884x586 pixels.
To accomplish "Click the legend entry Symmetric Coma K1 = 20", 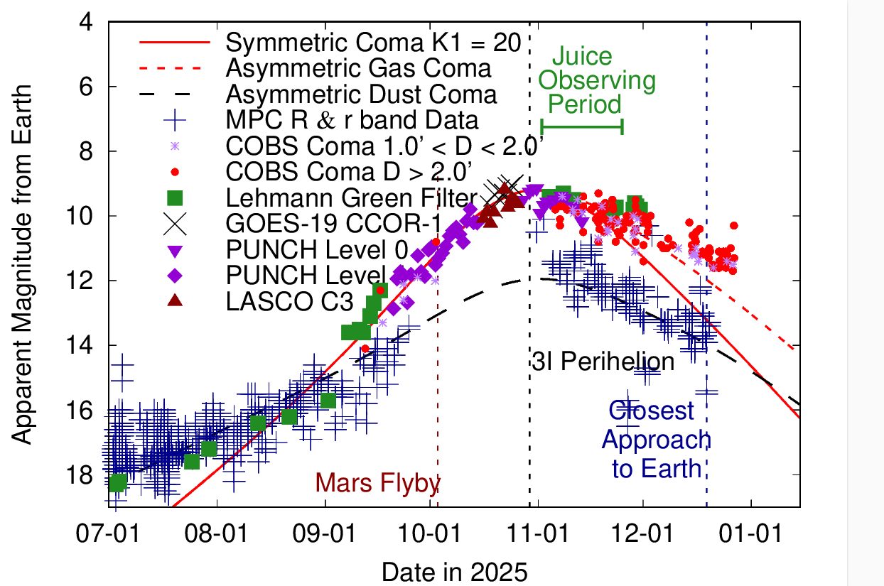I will click(374, 43).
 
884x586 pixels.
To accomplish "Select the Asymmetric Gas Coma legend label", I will click(358, 68).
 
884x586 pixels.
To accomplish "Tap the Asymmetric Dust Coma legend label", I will click(361, 94).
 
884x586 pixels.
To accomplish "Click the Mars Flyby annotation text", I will click(378, 482).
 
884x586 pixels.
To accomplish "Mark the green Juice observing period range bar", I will click(582, 126).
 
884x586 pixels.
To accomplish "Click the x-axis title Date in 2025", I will click(455, 570).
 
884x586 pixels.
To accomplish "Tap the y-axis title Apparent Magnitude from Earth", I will click(23, 264).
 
